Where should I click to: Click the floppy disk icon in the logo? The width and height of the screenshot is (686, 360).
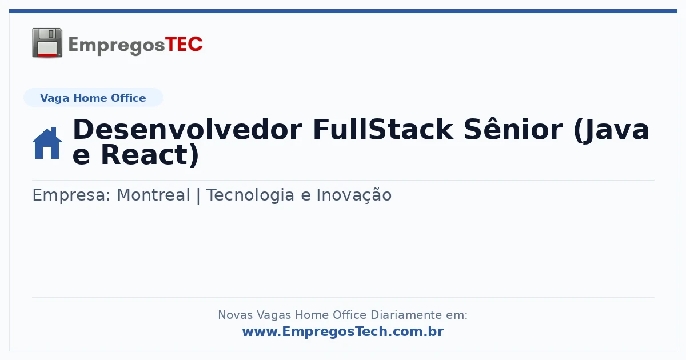(x=47, y=43)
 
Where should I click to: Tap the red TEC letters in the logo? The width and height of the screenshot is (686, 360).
(x=184, y=45)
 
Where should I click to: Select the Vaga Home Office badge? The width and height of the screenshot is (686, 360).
(x=93, y=98)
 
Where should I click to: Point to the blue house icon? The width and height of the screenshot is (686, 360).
(x=47, y=143)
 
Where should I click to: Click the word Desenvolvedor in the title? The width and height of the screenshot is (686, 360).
(x=188, y=130)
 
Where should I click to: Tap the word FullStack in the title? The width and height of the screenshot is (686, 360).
(x=383, y=130)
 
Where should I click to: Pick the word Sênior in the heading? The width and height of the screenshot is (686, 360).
(x=513, y=129)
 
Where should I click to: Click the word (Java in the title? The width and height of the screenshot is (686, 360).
(x=611, y=130)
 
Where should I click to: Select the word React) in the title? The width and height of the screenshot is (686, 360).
(x=150, y=155)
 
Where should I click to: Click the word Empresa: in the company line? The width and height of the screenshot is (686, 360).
(x=71, y=195)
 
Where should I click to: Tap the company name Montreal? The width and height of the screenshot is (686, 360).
(x=153, y=195)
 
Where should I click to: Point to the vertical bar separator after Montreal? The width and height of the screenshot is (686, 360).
(x=198, y=195)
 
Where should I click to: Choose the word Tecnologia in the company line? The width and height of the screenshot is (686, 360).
(x=250, y=195)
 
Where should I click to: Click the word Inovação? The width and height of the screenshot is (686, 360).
(x=354, y=195)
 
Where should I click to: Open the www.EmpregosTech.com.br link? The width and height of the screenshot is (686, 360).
(x=343, y=331)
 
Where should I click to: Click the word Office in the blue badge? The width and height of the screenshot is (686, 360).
(x=128, y=98)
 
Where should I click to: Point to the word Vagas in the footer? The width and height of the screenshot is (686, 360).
(x=274, y=315)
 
